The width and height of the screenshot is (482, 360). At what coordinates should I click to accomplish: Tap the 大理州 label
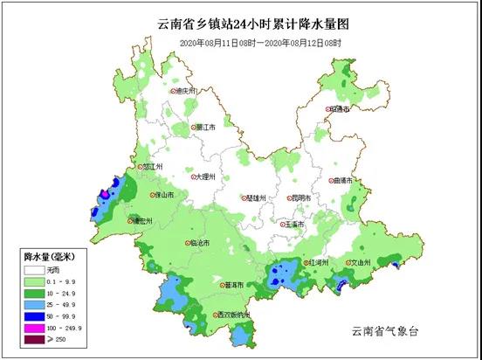(x=203, y=177)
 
